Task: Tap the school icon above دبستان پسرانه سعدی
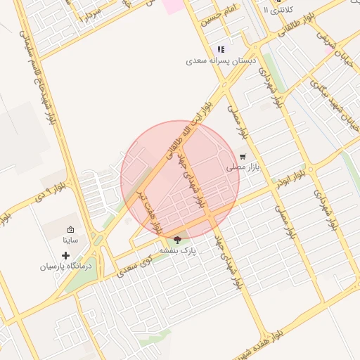coord(221,49)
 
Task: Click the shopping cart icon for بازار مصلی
coord(243,157)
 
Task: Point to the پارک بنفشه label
coord(177,250)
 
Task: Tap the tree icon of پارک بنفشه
coord(176,239)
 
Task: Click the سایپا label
coord(70,240)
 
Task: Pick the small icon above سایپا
coord(70,229)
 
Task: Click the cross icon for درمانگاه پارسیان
coord(66,255)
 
